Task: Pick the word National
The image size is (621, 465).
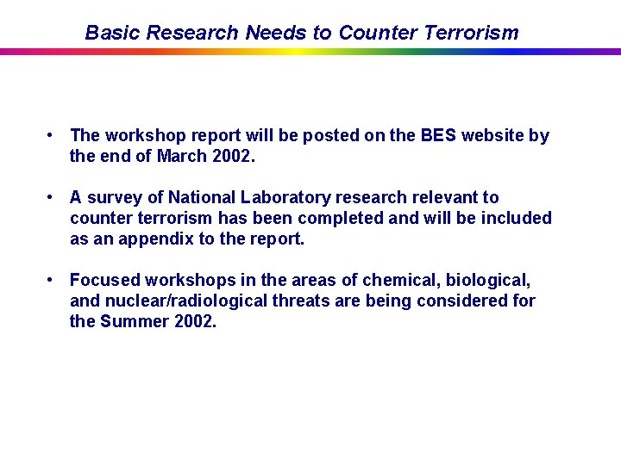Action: (203, 197)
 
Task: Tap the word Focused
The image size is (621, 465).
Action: (104, 280)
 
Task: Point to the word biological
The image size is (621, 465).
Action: (487, 280)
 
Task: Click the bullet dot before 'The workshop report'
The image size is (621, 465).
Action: (53, 135)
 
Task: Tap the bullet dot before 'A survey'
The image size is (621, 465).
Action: (53, 197)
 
